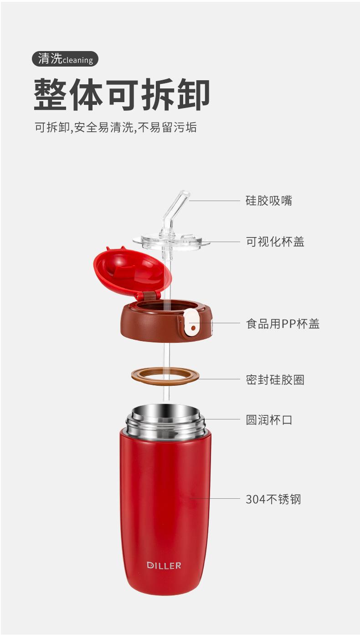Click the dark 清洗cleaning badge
tap(65, 59)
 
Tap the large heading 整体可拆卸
tap(122, 94)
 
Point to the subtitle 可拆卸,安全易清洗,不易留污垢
tap(116, 127)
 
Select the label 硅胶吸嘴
tap(269, 201)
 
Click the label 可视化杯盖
tap(275, 242)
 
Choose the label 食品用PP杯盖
tap(283, 323)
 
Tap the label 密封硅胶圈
tap(275, 380)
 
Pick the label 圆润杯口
tap(269, 419)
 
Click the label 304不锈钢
tap(273, 499)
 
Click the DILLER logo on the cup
tap(164, 566)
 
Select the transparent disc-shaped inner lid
tap(171, 242)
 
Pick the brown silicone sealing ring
tap(165, 375)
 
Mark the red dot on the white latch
tap(194, 328)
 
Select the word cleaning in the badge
tap(77, 60)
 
